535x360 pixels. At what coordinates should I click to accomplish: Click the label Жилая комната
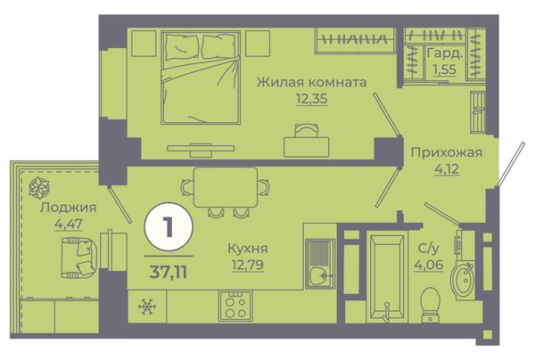coord(311,82)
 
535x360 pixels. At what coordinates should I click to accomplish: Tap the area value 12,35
coord(311,99)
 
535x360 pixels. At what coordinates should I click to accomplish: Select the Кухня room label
coord(248,249)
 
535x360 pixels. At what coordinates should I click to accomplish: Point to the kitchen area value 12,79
coord(248,264)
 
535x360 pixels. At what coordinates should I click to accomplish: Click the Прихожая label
coord(447,152)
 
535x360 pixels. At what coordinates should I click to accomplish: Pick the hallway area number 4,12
coord(447,168)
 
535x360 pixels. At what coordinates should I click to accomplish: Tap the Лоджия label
coord(69,208)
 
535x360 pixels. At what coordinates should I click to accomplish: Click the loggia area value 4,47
coord(69,224)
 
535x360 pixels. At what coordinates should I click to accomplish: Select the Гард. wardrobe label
coord(445,53)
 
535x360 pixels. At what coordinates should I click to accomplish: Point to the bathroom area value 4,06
coord(429,264)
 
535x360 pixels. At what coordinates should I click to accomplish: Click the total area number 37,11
coord(169,272)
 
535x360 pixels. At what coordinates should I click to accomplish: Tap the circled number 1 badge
coord(169,227)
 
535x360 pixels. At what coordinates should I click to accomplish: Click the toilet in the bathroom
coord(431,305)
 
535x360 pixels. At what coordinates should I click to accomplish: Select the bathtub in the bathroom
coord(387,276)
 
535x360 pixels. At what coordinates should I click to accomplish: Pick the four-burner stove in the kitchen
coord(235,306)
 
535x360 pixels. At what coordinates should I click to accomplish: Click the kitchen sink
coord(320,264)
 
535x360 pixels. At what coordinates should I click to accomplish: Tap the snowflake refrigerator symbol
coord(147,307)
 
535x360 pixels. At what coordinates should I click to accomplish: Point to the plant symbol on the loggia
coord(39,188)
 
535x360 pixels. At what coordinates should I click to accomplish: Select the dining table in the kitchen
coord(226,187)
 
